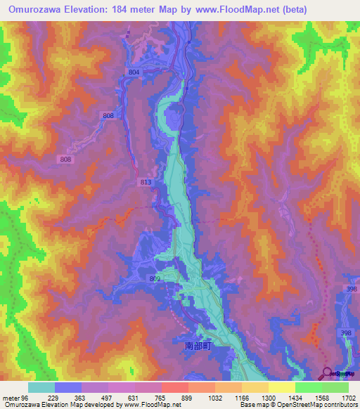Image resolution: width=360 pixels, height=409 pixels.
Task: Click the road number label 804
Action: click(134, 72)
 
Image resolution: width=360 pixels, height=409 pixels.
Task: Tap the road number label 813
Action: click(146, 183)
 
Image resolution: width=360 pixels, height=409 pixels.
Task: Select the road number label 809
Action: click(155, 279)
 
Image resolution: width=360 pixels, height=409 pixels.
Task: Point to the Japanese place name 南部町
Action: click(198, 346)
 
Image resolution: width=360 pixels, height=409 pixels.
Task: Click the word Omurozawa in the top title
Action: click(36, 9)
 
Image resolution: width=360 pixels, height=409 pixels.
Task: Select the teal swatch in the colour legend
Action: click(41, 387)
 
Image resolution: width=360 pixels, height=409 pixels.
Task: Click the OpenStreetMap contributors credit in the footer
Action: click(316, 405)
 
